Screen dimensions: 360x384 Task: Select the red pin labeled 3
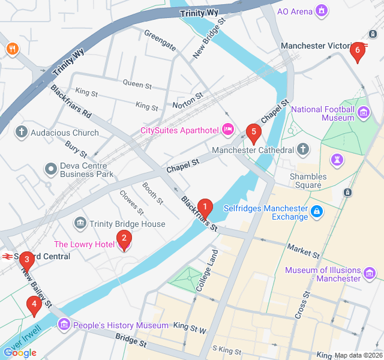click(26, 260)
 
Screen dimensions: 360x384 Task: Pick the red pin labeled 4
click(34, 305)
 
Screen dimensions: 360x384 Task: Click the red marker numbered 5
click(254, 132)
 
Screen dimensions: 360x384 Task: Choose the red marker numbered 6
click(358, 51)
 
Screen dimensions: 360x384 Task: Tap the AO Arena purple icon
click(322, 11)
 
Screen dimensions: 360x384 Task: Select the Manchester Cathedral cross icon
click(303, 149)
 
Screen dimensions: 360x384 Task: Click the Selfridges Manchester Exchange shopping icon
click(316, 212)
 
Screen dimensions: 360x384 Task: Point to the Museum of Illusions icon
click(370, 274)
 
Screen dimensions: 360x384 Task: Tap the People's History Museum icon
click(64, 325)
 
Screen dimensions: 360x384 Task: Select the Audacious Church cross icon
click(22, 132)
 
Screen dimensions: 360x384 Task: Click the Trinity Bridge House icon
click(80, 224)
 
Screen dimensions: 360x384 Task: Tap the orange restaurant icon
click(11, 49)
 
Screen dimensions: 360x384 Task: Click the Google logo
click(20, 353)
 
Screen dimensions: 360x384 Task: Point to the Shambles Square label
click(308, 181)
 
